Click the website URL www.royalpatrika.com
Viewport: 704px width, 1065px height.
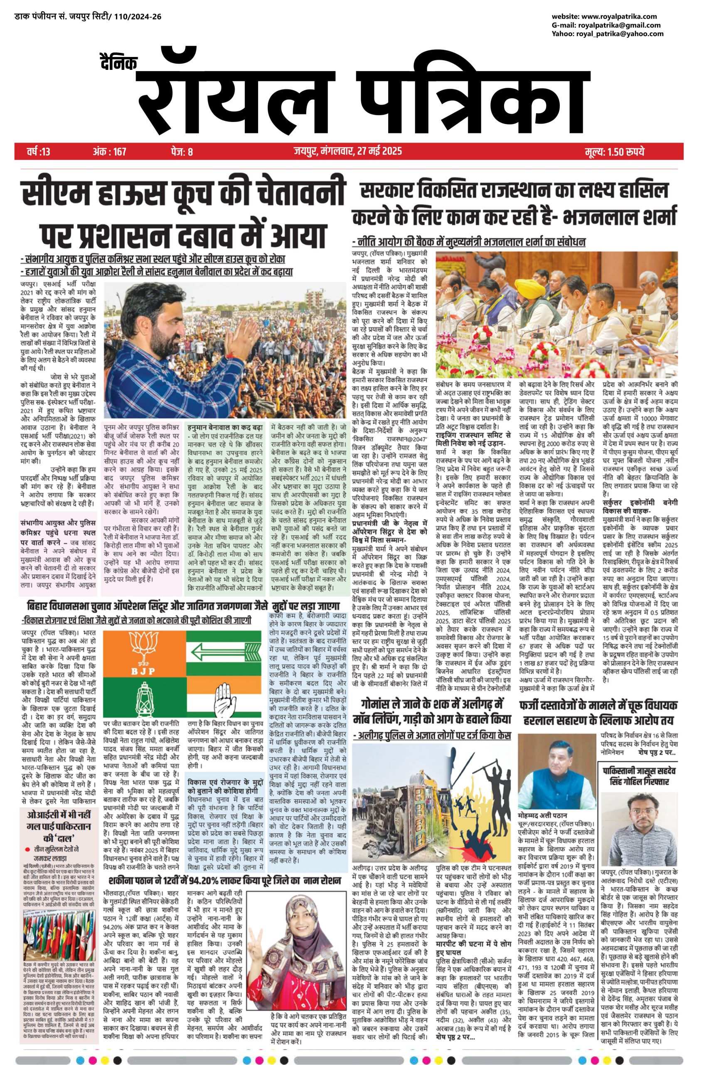tap(621, 17)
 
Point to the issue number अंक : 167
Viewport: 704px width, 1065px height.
tap(110, 152)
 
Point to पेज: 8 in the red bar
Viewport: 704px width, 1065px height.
tap(182, 152)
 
